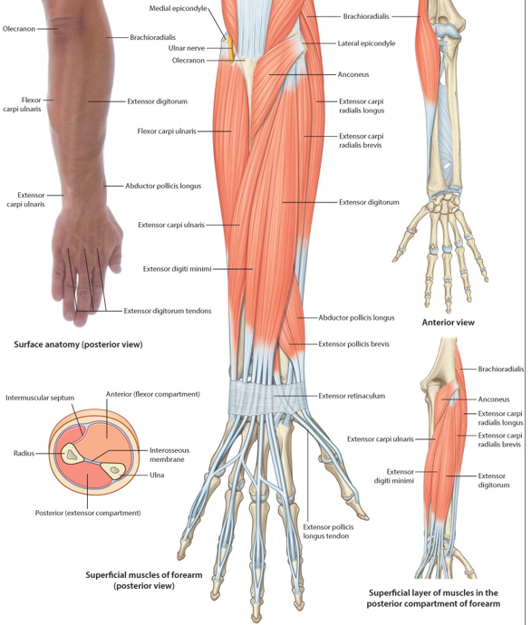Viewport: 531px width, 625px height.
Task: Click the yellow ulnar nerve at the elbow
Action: tap(231, 50)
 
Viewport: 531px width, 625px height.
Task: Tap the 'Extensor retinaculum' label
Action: tap(352, 396)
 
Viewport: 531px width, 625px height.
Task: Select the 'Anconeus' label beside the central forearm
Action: tap(353, 74)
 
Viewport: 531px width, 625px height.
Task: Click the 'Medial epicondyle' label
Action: tap(178, 8)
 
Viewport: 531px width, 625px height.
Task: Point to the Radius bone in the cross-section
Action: tap(70, 454)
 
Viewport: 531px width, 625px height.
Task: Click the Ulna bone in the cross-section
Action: tap(113, 470)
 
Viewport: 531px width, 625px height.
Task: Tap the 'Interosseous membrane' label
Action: tap(169, 455)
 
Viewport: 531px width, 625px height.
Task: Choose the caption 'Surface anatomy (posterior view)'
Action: tap(78, 344)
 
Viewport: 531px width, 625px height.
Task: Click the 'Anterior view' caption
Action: tap(448, 322)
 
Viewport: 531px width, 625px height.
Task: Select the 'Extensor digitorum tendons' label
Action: tap(168, 311)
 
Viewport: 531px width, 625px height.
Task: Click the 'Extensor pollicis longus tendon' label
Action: tap(328, 532)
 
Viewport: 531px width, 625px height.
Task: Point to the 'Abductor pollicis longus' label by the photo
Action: tap(163, 186)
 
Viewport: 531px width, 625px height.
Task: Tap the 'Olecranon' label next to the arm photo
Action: tap(19, 29)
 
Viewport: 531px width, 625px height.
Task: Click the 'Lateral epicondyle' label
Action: tap(366, 43)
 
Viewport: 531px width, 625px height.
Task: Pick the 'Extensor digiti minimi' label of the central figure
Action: tap(177, 269)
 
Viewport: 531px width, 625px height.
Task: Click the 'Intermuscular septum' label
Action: tap(40, 398)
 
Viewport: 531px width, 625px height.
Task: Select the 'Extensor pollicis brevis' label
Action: tap(354, 343)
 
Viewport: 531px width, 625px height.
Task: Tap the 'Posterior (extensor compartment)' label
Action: tap(88, 513)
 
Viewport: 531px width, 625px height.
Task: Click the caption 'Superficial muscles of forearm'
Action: tap(144, 575)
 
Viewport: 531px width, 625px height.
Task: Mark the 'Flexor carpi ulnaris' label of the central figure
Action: tap(167, 130)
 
